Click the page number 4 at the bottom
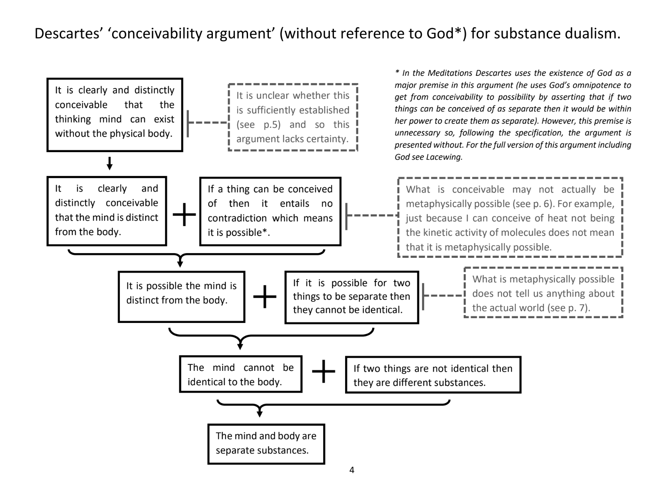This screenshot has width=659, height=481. [351, 470]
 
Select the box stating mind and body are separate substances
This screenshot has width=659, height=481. [266, 444]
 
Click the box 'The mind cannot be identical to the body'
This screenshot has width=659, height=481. [240, 374]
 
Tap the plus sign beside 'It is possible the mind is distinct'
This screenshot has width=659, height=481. [265, 297]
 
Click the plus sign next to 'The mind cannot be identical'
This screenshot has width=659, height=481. [323, 372]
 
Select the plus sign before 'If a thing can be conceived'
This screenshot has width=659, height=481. [184, 214]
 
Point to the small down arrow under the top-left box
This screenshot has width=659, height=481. [109, 163]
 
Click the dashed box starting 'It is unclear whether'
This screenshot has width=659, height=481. [293, 117]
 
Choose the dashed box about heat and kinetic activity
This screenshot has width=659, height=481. [510, 218]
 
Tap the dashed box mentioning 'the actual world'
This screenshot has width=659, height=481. [543, 293]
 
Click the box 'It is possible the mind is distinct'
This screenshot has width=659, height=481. [181, 297]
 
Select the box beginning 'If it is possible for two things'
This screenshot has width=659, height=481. [351, 297]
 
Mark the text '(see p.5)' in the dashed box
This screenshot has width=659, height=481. [258, 125]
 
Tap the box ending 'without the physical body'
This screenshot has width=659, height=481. [115, 115]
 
